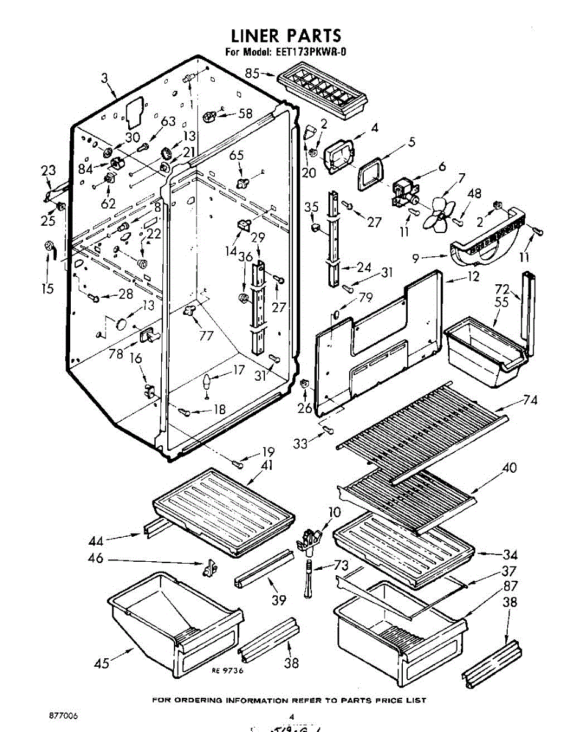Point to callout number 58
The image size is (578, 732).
pos(245,113)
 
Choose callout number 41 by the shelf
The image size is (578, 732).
pos(267,466)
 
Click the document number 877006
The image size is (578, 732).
pos(63,714)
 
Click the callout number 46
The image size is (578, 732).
pos(96,559)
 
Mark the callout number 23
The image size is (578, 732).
pos(49,172)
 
